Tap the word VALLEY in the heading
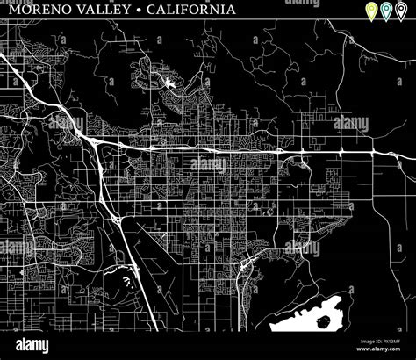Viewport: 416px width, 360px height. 112,11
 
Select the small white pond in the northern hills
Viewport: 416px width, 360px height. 169,85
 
